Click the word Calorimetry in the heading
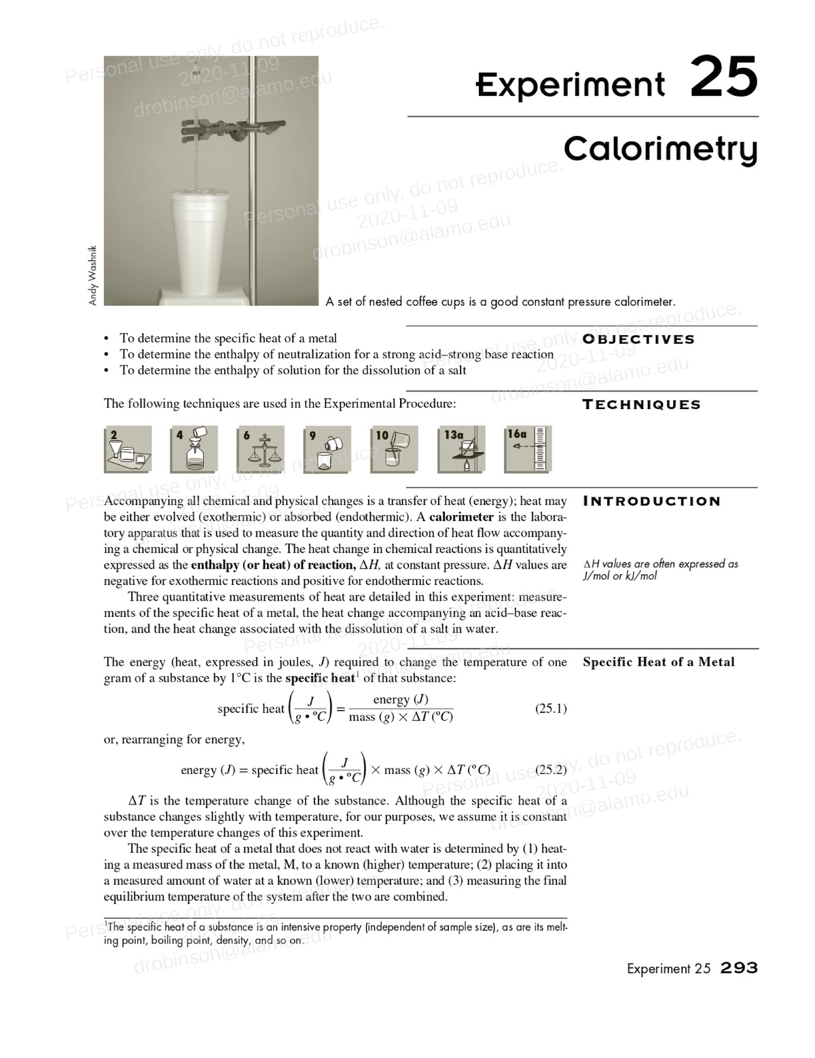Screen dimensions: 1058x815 [660, 149]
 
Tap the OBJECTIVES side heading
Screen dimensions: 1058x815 [639, 339]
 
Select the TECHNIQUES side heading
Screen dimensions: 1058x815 [641, 404]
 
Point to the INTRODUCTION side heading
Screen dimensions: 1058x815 [651, 501]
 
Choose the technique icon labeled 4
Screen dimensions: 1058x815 [194, 449]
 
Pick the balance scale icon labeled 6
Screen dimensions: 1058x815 [261, 449]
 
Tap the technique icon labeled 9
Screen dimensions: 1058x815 [327, 449]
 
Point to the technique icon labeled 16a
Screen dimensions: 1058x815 [528, 449]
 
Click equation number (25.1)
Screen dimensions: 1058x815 [551, 709]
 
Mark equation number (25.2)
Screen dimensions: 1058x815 [551, 770]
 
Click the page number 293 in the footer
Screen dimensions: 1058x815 [739, 968]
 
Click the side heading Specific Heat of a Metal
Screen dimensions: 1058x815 [658, 662]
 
